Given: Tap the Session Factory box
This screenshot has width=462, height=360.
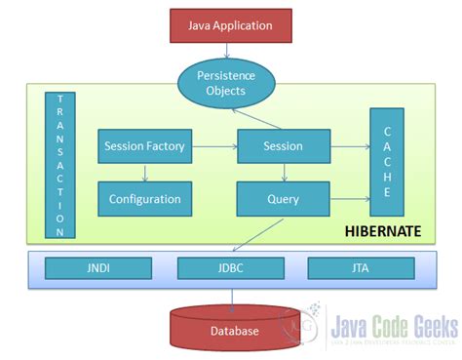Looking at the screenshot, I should [x=144, y=146].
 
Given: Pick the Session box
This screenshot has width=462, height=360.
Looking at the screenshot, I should [x=283, y=146].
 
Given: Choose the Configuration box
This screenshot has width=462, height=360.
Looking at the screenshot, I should [x=144, y=199].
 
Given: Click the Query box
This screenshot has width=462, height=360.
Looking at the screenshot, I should [x=283, y=199].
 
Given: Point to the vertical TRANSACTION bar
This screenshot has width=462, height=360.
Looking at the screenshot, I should [x=59, y=166].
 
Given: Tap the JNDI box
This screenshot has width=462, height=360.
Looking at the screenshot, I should [x=85, y=267].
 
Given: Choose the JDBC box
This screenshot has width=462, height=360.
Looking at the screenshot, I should [x=218, y=267].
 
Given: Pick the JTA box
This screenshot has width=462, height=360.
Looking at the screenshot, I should [x=348, y=267].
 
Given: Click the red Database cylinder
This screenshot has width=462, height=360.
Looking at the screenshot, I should [x=234, y=331].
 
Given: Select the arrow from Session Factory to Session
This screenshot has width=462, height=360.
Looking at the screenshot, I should [x=213, y=146].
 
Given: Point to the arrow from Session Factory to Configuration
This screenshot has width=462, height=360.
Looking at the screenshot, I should [x=144, y=173].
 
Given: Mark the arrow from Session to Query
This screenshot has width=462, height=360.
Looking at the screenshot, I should [x=283, y=173].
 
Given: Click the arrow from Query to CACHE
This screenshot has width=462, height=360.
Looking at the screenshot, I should [x=348, y=199].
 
